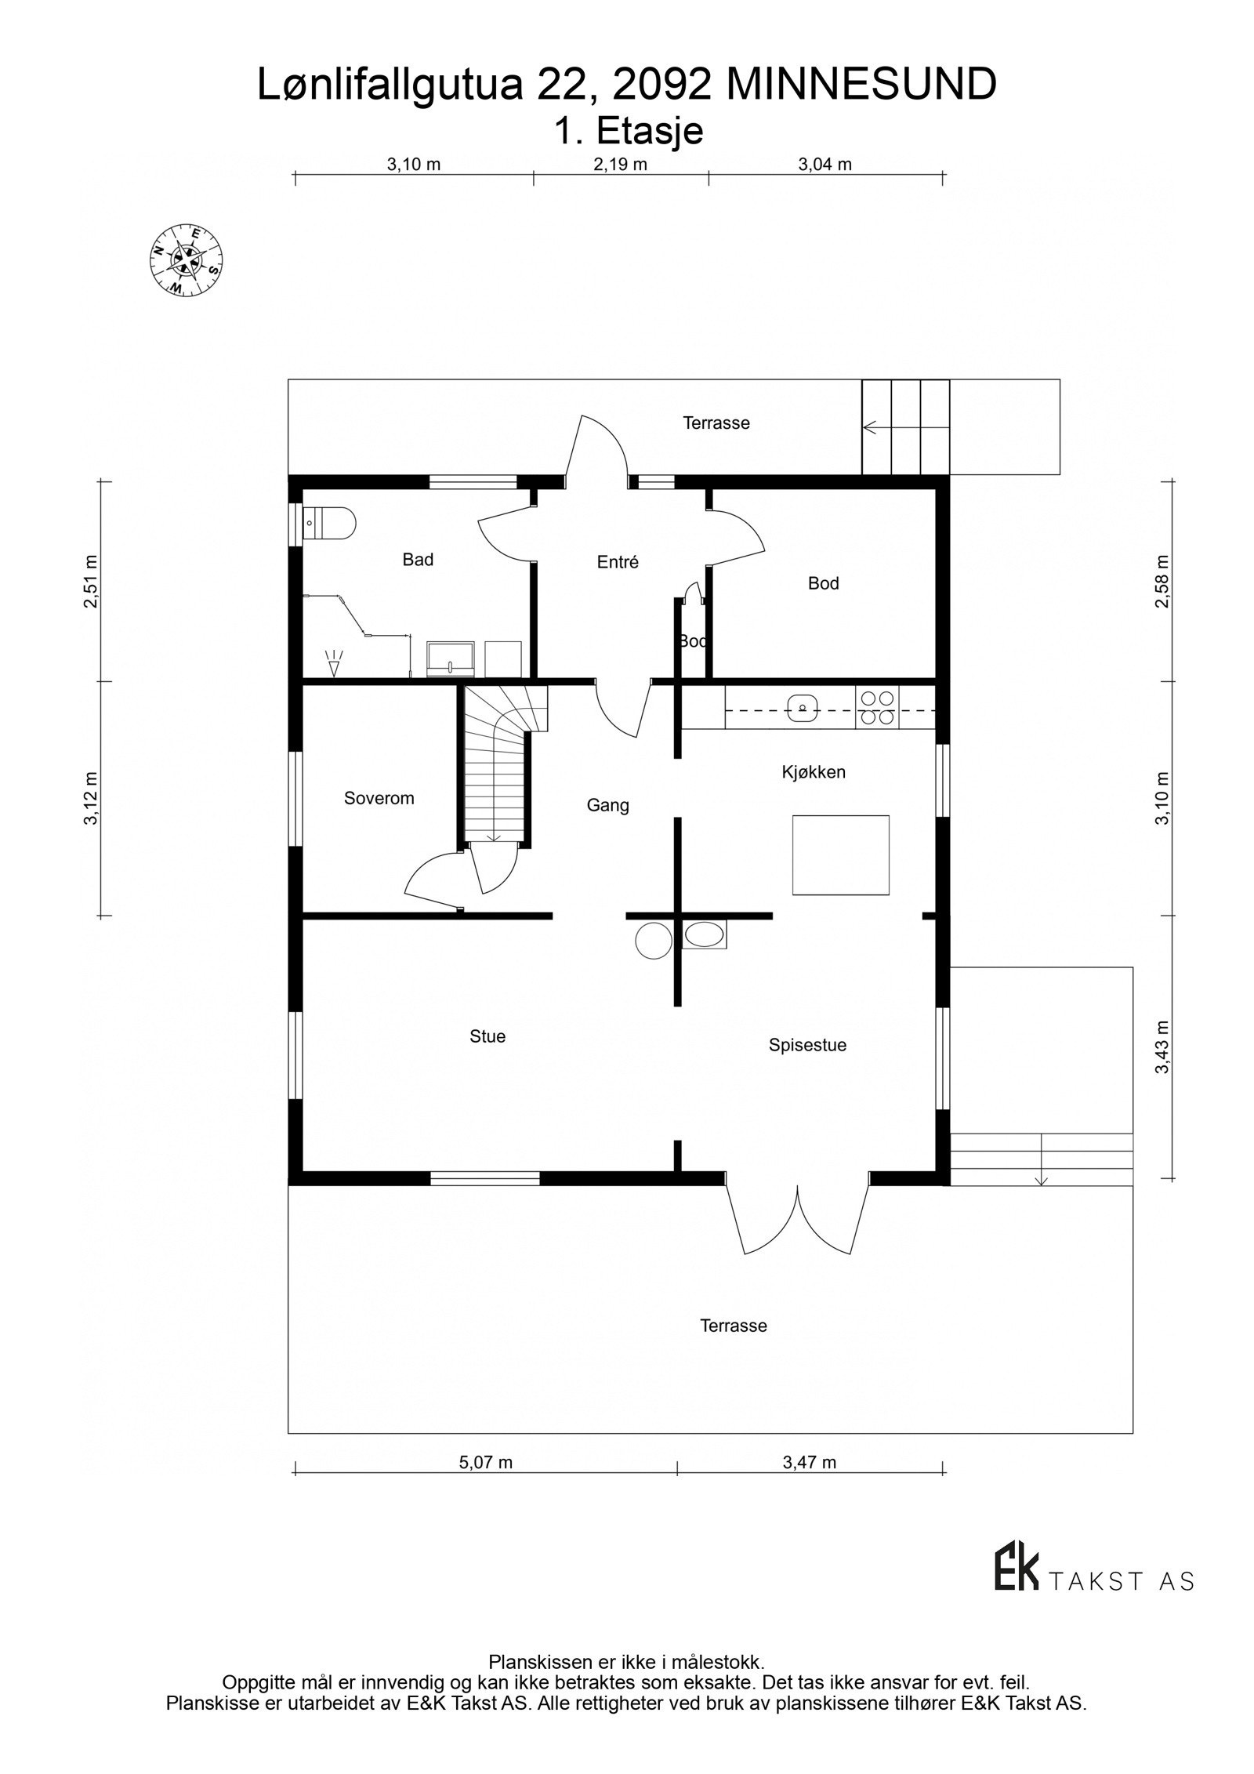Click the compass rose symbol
(x=186, y=261)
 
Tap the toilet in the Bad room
(x=332, y=521)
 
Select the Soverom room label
(x=379, y=798)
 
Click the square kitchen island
(x=840, y=854)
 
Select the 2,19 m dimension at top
(x=620, y=165)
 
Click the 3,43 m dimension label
(x=1162, y=1047)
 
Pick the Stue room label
(x=487, y=1036)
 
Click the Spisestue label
(x=807, y=1045)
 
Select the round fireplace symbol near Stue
(x=652, y=941)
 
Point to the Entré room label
(x=618, y=562)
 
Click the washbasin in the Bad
(x=451, y=658)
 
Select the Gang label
(x=607, y=805)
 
